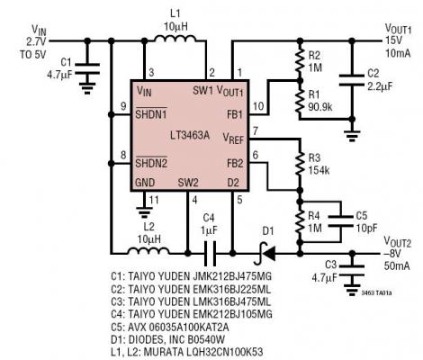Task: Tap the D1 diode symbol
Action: [266, 242]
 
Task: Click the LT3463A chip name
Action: [190, 133]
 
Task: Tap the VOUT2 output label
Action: [397, 241]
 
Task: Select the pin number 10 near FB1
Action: [258, 106]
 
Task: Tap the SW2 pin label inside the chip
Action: [188, 182]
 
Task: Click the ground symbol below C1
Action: [87, 89]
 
